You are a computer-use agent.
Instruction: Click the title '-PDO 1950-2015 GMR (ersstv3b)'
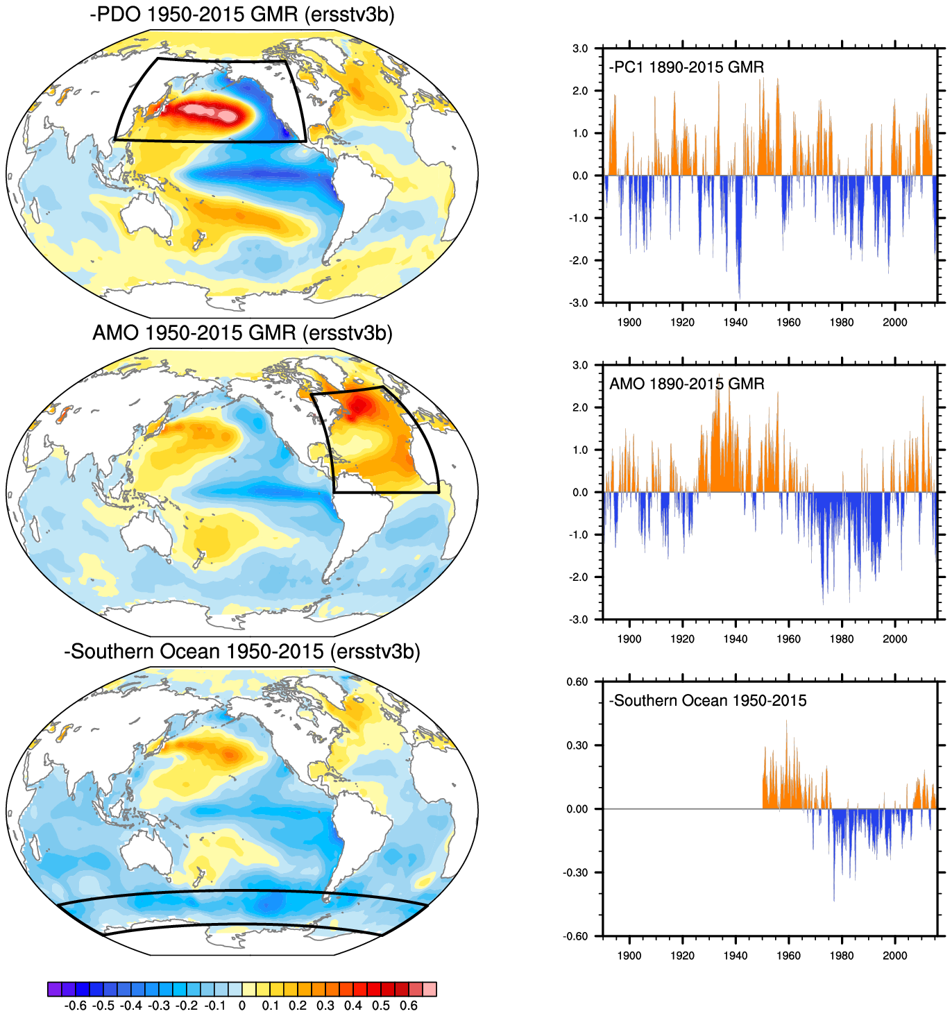242,15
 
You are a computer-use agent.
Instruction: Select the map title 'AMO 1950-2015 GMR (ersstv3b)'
242,333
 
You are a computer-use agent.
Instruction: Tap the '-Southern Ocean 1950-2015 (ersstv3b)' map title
242,652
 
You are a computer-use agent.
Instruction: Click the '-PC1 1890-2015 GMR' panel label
686,67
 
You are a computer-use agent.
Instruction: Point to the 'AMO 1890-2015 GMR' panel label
686,384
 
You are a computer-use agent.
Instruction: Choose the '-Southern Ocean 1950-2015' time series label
708,700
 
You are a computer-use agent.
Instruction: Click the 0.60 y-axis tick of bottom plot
577,681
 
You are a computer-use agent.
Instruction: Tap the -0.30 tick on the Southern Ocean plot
576,872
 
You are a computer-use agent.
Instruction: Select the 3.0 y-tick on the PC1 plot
580,49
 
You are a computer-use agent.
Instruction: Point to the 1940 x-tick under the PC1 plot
736,322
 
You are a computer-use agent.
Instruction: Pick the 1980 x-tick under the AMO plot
842,638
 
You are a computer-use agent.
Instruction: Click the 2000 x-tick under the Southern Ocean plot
894,955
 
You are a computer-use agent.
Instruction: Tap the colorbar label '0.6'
409,1006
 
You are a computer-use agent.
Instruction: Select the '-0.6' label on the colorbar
74,1006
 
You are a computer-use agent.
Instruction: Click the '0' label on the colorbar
241,1006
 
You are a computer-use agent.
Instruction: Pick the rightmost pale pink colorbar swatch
430,989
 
